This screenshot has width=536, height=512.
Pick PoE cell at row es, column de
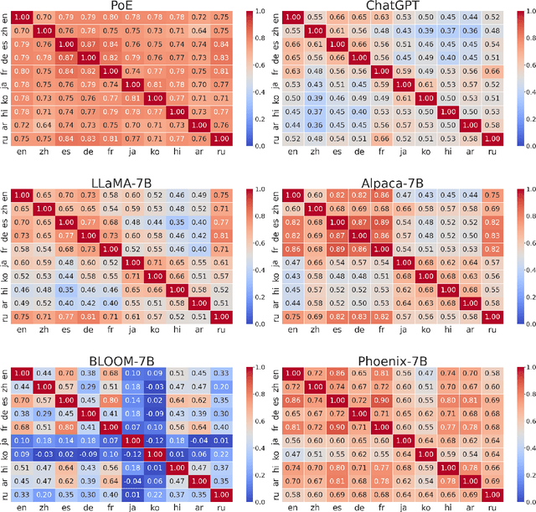(87, 45)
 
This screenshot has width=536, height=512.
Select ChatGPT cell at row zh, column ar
(469, 31)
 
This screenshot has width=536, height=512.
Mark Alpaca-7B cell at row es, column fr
(380, 222)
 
